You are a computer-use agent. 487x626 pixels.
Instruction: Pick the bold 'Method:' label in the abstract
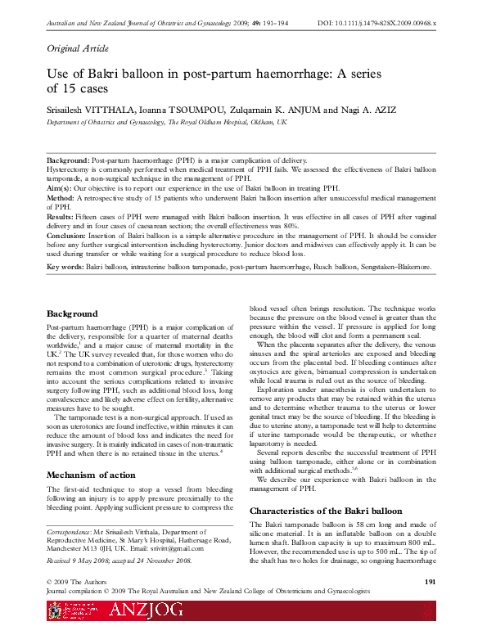pyautogui.click(x=61, y=197)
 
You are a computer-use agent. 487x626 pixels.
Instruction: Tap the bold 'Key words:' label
pyautogui.click(x=65, y=267)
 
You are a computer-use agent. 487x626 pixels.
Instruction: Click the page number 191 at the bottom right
pyautogui.click(x=435, y=581)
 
